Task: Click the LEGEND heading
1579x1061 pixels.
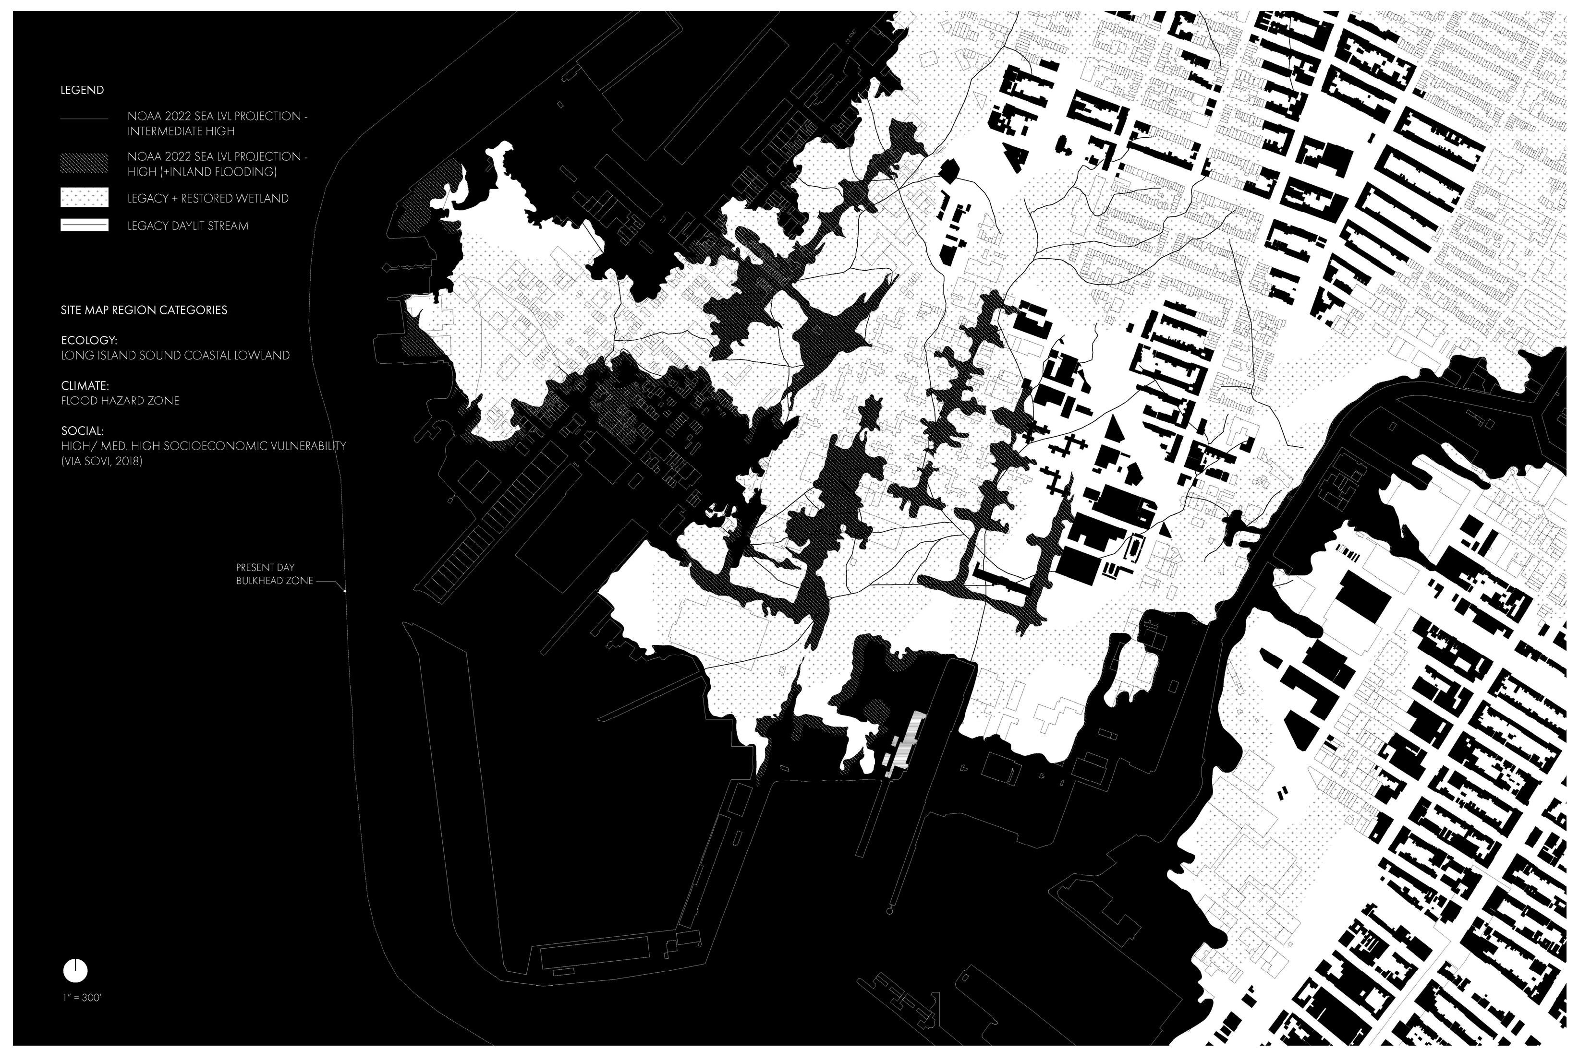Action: tap(82, 90)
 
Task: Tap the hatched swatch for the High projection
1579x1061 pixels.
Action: tap(84, 162)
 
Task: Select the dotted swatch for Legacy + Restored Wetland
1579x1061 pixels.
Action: tap(84, 198)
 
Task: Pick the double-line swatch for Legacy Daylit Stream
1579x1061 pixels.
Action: tap(84, 226)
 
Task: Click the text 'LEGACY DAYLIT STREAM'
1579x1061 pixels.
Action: tap(188, 226)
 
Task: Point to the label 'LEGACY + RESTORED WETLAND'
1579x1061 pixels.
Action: tap(208, 198)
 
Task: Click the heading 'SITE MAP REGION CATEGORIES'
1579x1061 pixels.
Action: tap(144, 310)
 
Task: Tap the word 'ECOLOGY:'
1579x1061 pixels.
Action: tap(84, 340)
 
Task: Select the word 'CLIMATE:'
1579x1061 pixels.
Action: tap(85, 386)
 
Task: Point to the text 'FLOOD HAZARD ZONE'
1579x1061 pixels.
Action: tap(120, 401)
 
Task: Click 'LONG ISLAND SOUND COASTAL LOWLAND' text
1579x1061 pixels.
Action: tap(175, 355)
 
